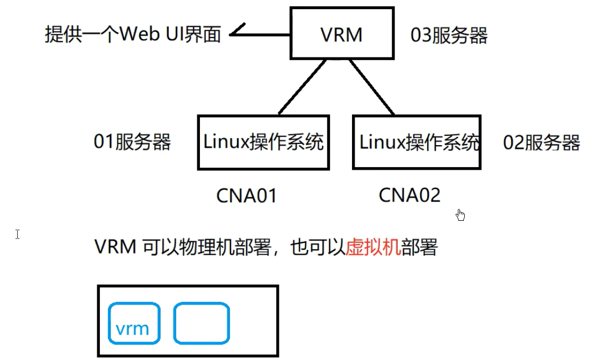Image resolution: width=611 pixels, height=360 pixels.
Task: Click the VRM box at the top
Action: click(341, 33)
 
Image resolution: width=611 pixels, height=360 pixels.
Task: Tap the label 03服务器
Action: click(449, 35)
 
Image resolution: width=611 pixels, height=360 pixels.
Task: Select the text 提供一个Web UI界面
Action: click(133, 35)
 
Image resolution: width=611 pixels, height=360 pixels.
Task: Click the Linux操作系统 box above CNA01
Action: click(263, 142)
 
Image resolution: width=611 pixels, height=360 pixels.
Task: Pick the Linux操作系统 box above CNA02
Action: click(417, 142)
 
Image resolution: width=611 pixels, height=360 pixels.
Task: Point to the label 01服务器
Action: click(132, 142)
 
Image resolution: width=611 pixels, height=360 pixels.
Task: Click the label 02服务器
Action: click(541, 143)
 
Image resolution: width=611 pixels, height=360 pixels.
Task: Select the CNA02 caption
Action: click(409, 195)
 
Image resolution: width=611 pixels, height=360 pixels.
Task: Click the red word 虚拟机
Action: click(373, 248)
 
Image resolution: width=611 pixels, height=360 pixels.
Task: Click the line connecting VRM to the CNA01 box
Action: click(303, 87)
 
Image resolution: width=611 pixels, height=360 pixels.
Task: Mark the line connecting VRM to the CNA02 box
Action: click(372, 87)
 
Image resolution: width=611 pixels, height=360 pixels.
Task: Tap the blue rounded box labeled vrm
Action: click(134, 323)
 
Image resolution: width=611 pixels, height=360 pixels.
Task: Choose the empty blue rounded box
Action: click(202, 323)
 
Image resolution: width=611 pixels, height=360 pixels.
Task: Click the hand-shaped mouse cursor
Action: click(460, 215)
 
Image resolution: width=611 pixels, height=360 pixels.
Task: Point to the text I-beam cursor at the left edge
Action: click(18, 234)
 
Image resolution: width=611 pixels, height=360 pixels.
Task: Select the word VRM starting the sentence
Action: click(116, 248)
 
